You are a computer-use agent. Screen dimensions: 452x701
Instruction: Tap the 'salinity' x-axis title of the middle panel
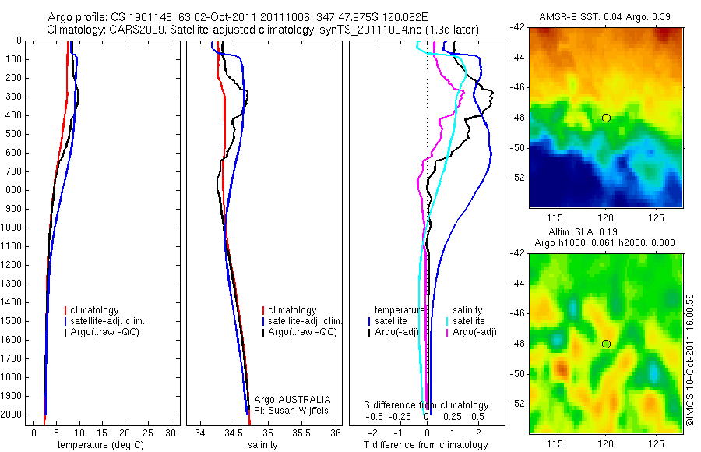click(262, 445)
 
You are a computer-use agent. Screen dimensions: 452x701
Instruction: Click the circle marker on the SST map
click(606, 118)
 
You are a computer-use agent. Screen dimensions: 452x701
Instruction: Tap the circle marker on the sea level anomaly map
click(606, 344)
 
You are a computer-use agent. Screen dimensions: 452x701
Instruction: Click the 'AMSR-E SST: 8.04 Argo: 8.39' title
click(605, 17)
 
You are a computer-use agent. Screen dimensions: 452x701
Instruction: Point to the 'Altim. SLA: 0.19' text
click(605, 232)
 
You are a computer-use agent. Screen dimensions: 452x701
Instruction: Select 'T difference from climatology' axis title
click(426, 445)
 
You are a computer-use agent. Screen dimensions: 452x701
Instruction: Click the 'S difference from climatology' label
click(427, 405)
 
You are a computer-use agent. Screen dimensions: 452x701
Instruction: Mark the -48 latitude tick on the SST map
click(518, 118)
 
